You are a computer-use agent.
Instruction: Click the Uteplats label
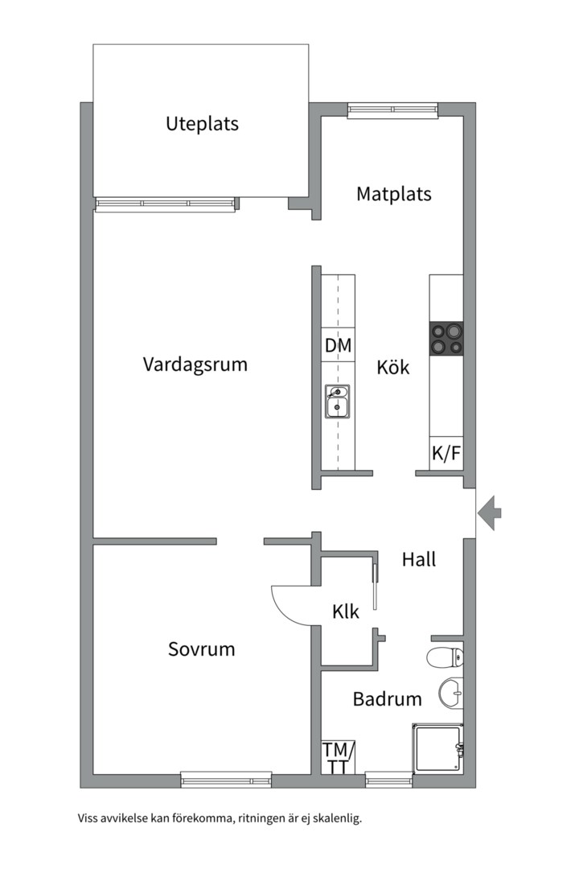click(202, 125)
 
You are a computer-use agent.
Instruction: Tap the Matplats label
click(393, 194)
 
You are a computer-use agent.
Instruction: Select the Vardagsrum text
click(195, 364)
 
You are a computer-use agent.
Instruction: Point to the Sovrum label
click(201, 649)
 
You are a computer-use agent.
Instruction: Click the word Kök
click(393, 368)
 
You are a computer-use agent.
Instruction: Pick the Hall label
click(418, 559)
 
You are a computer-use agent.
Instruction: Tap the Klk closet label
click(345, 612)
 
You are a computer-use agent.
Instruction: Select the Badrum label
click(387, 699)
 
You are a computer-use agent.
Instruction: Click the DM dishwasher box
click(338, 346)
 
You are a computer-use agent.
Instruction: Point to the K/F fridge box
click(446, 454)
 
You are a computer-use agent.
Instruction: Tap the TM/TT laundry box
click(337, 758)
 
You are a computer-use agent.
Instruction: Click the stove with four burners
click(446, 338)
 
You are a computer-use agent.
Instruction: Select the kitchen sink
click(337, 402)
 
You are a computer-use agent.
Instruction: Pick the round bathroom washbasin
click(451, 693)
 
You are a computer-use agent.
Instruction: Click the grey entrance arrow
click(490, 512)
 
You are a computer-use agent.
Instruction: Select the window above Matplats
click(392, 110)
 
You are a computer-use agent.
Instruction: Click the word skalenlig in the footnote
click(336, 819)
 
